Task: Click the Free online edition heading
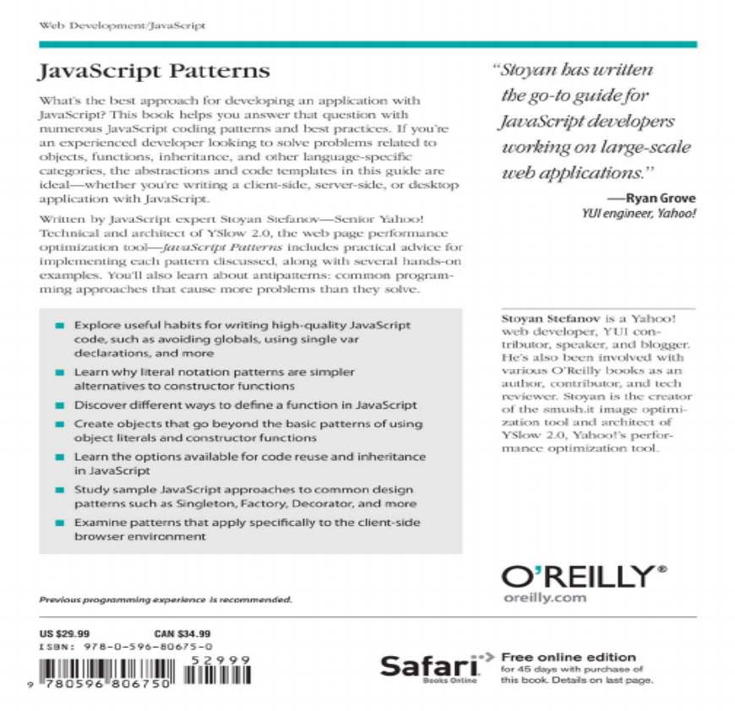(x=568, y=657)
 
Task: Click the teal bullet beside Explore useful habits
(x=59, y=325)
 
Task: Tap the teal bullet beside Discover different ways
(x=59, y=405)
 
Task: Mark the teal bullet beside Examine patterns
(x=59, y=524)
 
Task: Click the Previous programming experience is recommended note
(x=166, y=600)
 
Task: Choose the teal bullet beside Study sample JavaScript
(x=59, y=490)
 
